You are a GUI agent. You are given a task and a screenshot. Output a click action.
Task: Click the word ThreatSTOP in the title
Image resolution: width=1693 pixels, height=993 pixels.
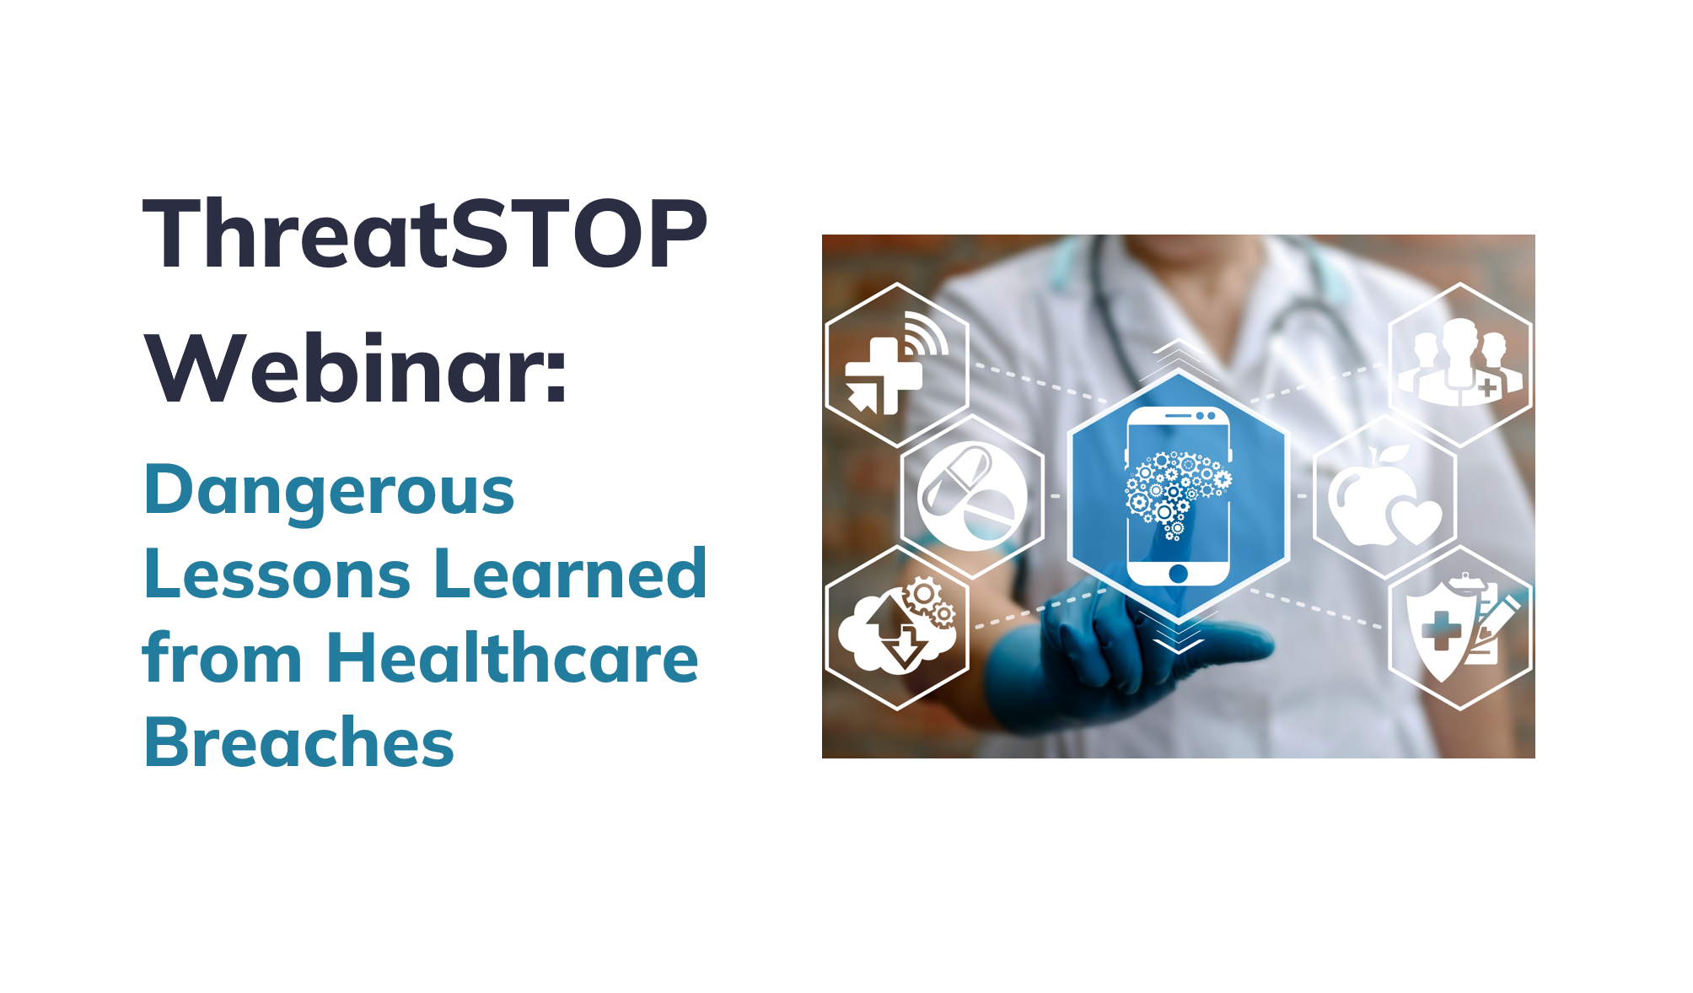click(x=425, y=233)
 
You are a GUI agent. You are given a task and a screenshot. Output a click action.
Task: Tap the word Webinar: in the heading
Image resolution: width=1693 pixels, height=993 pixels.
click(x=356, y=369)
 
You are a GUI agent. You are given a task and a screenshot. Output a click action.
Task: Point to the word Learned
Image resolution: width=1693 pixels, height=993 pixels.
click(x=571, y=574)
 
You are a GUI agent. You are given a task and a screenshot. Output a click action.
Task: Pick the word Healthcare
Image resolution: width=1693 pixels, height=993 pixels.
click(x=513, y=657)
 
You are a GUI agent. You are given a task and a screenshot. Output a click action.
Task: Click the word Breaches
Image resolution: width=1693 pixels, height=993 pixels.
click(x=299, y=742)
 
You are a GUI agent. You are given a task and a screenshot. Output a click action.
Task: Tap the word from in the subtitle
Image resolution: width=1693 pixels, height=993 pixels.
click(x=222, y=657)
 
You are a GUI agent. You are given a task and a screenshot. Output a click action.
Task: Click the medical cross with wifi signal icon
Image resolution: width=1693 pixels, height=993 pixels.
click(x=895, y=364)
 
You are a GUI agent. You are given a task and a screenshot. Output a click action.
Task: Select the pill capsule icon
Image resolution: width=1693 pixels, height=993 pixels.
click(x=972, y=496)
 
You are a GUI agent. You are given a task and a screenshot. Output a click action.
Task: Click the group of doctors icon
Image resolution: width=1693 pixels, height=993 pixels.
click(x=1460, y=363)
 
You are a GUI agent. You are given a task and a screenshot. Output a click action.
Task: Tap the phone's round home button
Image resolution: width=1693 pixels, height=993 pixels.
click(x=1179, y=574)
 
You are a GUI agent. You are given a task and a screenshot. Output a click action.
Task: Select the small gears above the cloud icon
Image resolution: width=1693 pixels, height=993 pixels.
click(x=931, y=602)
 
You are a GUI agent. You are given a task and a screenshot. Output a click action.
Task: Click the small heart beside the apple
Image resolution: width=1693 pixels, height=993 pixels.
click(x=1416, y=521)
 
